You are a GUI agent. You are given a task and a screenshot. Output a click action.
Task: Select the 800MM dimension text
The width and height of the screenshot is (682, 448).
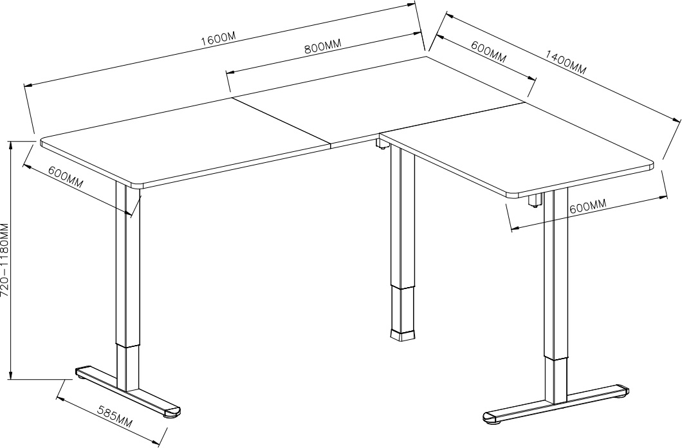(322, 48)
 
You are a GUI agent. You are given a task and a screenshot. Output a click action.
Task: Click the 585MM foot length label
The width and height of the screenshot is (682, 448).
(115, 416)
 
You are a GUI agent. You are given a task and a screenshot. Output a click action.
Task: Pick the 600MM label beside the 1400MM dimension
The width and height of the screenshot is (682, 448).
(488, 51)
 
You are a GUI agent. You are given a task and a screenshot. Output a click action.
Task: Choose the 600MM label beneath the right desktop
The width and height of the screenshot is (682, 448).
(587, 207)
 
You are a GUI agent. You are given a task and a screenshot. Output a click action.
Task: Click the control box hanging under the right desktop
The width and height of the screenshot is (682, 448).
(533, 200)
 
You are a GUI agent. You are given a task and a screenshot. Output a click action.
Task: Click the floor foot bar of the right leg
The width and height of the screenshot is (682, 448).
(557, 404)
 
